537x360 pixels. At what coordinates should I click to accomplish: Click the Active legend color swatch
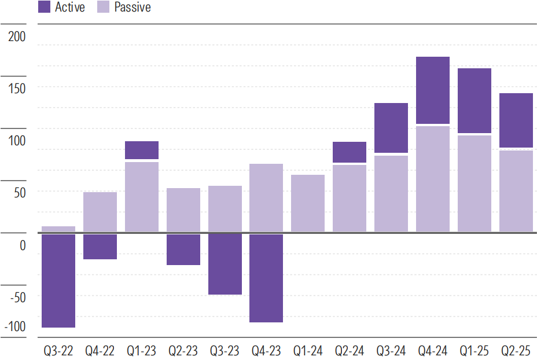pos(44,8)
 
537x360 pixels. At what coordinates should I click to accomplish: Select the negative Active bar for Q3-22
pos(58,281)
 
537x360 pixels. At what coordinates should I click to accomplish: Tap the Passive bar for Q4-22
pos(100,212)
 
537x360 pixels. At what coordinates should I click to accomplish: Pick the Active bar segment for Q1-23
pos(142,150)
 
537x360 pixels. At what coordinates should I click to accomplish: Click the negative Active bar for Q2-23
pos(183,249)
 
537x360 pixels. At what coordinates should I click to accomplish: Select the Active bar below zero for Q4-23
pos(267,278)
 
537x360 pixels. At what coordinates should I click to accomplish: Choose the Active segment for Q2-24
pos(350,152)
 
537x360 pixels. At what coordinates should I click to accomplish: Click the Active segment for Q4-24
pos(433,90)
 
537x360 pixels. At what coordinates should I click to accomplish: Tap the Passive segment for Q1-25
pos(475,183)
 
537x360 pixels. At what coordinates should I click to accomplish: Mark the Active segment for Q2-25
pos(516,120)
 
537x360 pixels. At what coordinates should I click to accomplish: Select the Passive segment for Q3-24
pos(391,194)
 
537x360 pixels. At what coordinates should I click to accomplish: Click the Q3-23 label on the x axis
pos(225,351)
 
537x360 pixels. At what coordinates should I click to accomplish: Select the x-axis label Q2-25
pos(516,351)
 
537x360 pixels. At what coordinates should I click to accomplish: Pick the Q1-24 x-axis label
pos(308,351)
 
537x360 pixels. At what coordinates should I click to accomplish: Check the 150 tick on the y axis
pos(17,88)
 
